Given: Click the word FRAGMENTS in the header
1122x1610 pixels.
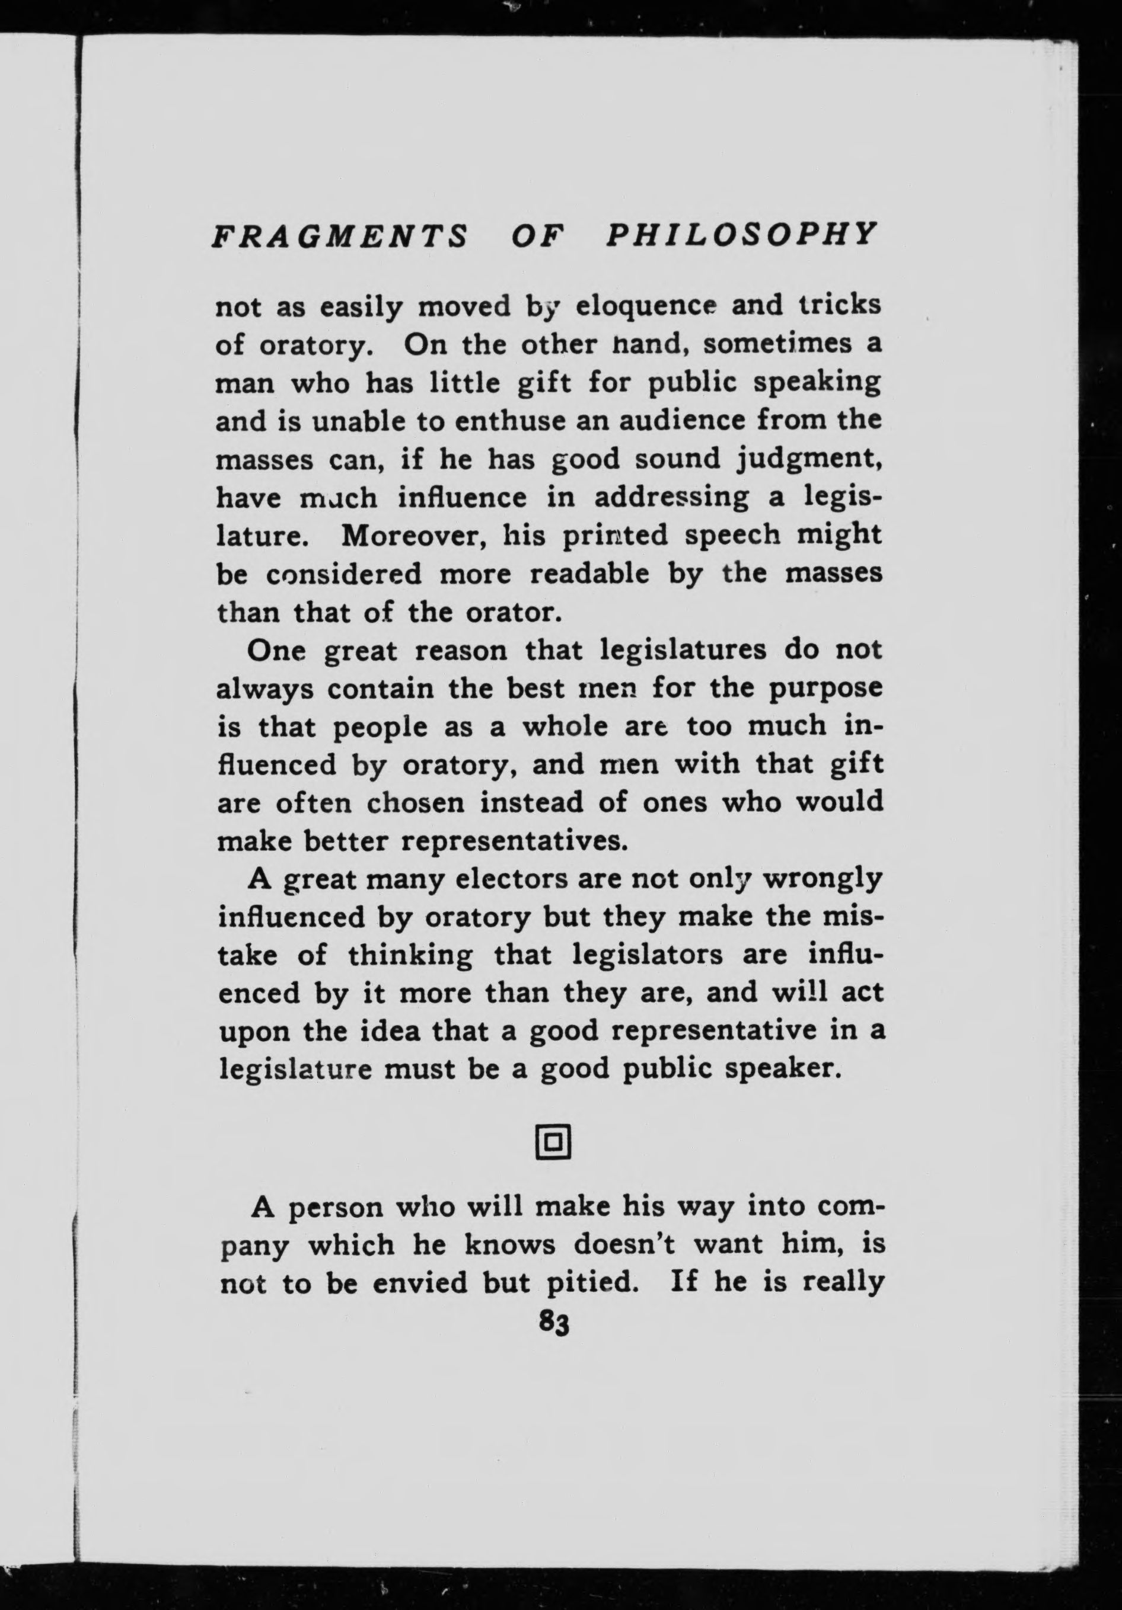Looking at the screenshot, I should click(x=339, y=236).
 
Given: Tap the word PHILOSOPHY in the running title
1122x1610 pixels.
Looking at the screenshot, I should click(x=741, y=234).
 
